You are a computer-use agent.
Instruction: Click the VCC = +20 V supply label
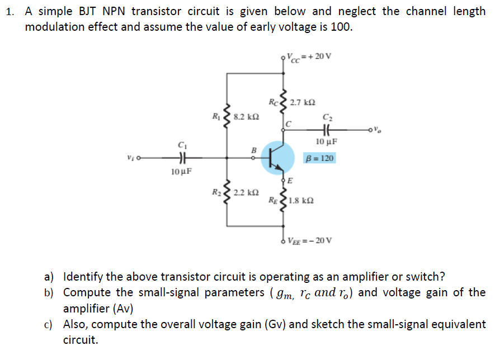(x=308, y=56)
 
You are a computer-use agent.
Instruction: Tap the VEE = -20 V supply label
(x=310, y=241)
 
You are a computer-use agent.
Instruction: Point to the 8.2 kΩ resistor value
(x=246, y=117)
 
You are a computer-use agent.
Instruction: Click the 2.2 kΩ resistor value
(x=246, y=193)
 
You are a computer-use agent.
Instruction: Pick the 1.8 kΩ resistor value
(x=302, y=200)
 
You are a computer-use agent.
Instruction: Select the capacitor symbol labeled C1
(x=181, y=158)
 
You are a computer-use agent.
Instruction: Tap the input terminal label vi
(x=130, y=158)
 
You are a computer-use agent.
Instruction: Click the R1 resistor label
(x=216, y=117)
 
